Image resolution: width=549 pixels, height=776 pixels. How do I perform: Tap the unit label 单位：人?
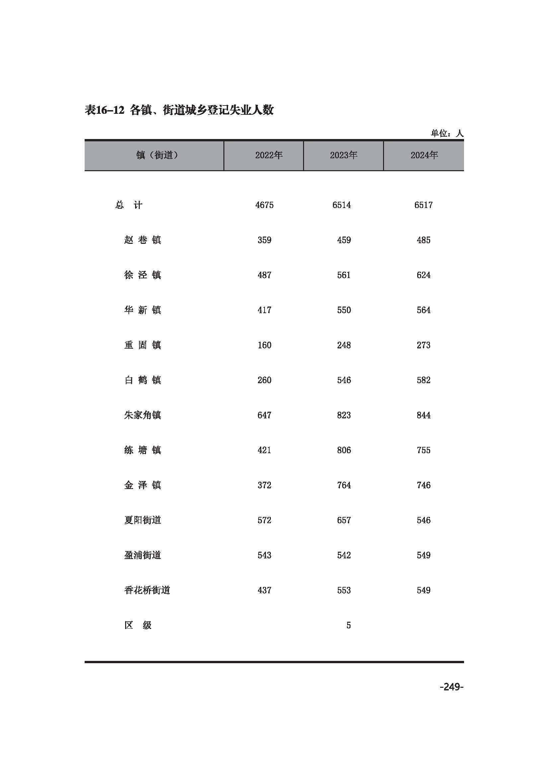[446, 133]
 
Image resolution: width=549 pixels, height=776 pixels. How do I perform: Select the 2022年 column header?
[269, 155]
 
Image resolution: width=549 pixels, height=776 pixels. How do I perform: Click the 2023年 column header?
[344, 155]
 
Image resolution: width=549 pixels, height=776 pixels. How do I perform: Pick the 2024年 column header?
[424, 155]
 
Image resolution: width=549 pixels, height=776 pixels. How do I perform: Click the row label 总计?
[129, 205]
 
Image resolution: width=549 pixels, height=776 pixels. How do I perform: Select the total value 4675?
[264, 205]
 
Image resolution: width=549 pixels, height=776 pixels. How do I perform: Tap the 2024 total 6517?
[423, 205]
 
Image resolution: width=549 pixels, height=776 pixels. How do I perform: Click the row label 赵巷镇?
[142, 240]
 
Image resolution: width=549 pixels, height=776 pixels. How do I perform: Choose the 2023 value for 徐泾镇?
[344, 275]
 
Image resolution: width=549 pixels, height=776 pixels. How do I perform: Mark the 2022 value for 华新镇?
[264, 310]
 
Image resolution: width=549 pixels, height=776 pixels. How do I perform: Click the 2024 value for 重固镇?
[423, 345]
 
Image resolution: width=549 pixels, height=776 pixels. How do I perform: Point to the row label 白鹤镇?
[142, 380]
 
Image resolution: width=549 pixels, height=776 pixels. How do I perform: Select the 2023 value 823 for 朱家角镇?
[344, 415]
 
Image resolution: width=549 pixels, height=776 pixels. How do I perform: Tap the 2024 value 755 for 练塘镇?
[423, 450]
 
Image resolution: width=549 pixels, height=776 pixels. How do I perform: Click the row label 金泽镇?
[142, 485]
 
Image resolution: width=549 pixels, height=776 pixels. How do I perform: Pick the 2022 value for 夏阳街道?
[264, 520]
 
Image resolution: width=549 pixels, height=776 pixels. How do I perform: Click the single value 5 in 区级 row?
[348, 625]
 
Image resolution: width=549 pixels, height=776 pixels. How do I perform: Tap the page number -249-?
[451, 687]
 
